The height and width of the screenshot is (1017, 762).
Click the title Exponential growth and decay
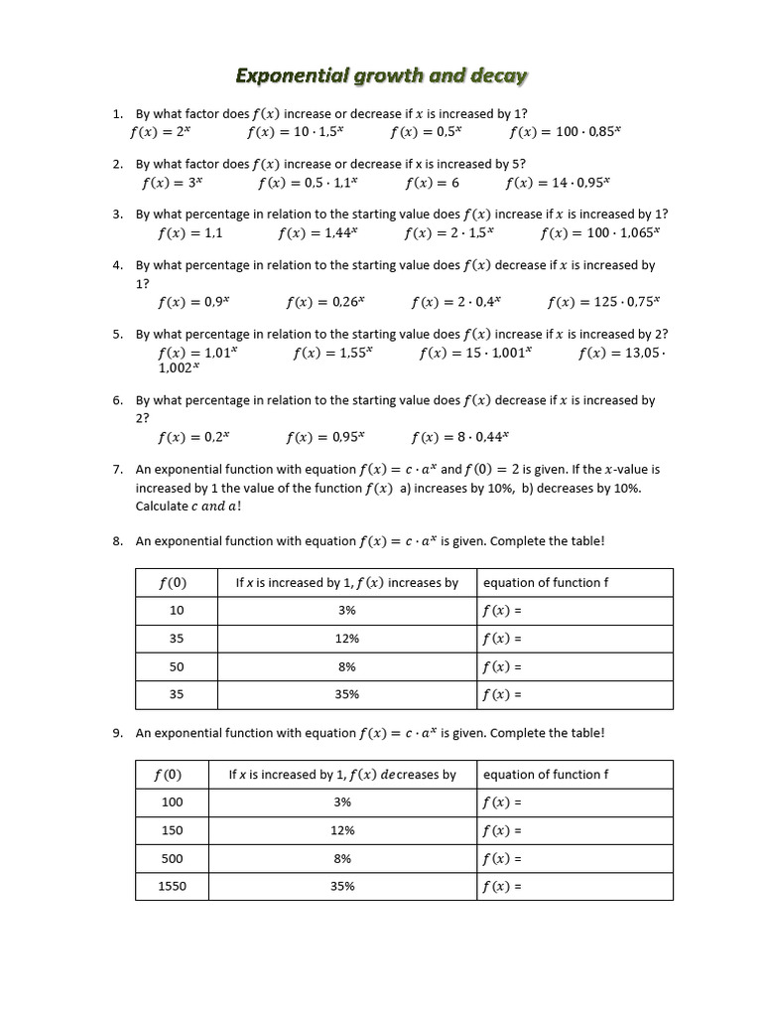click(381, 75)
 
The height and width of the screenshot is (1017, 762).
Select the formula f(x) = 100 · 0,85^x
click(565, 131)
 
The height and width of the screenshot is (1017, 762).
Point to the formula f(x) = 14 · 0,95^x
click(558, 183)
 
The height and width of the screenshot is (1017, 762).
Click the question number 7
click(117, 469)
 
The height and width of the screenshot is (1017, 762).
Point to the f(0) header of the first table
click(176, 583)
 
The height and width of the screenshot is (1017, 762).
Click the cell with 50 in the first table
click(177, 666)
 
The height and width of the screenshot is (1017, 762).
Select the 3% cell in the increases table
click(347, 611)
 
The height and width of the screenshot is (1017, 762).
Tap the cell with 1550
click(172, 886)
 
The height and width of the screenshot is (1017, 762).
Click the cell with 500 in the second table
click(172, 858)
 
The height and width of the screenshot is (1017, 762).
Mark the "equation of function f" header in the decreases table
click(541, 775)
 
